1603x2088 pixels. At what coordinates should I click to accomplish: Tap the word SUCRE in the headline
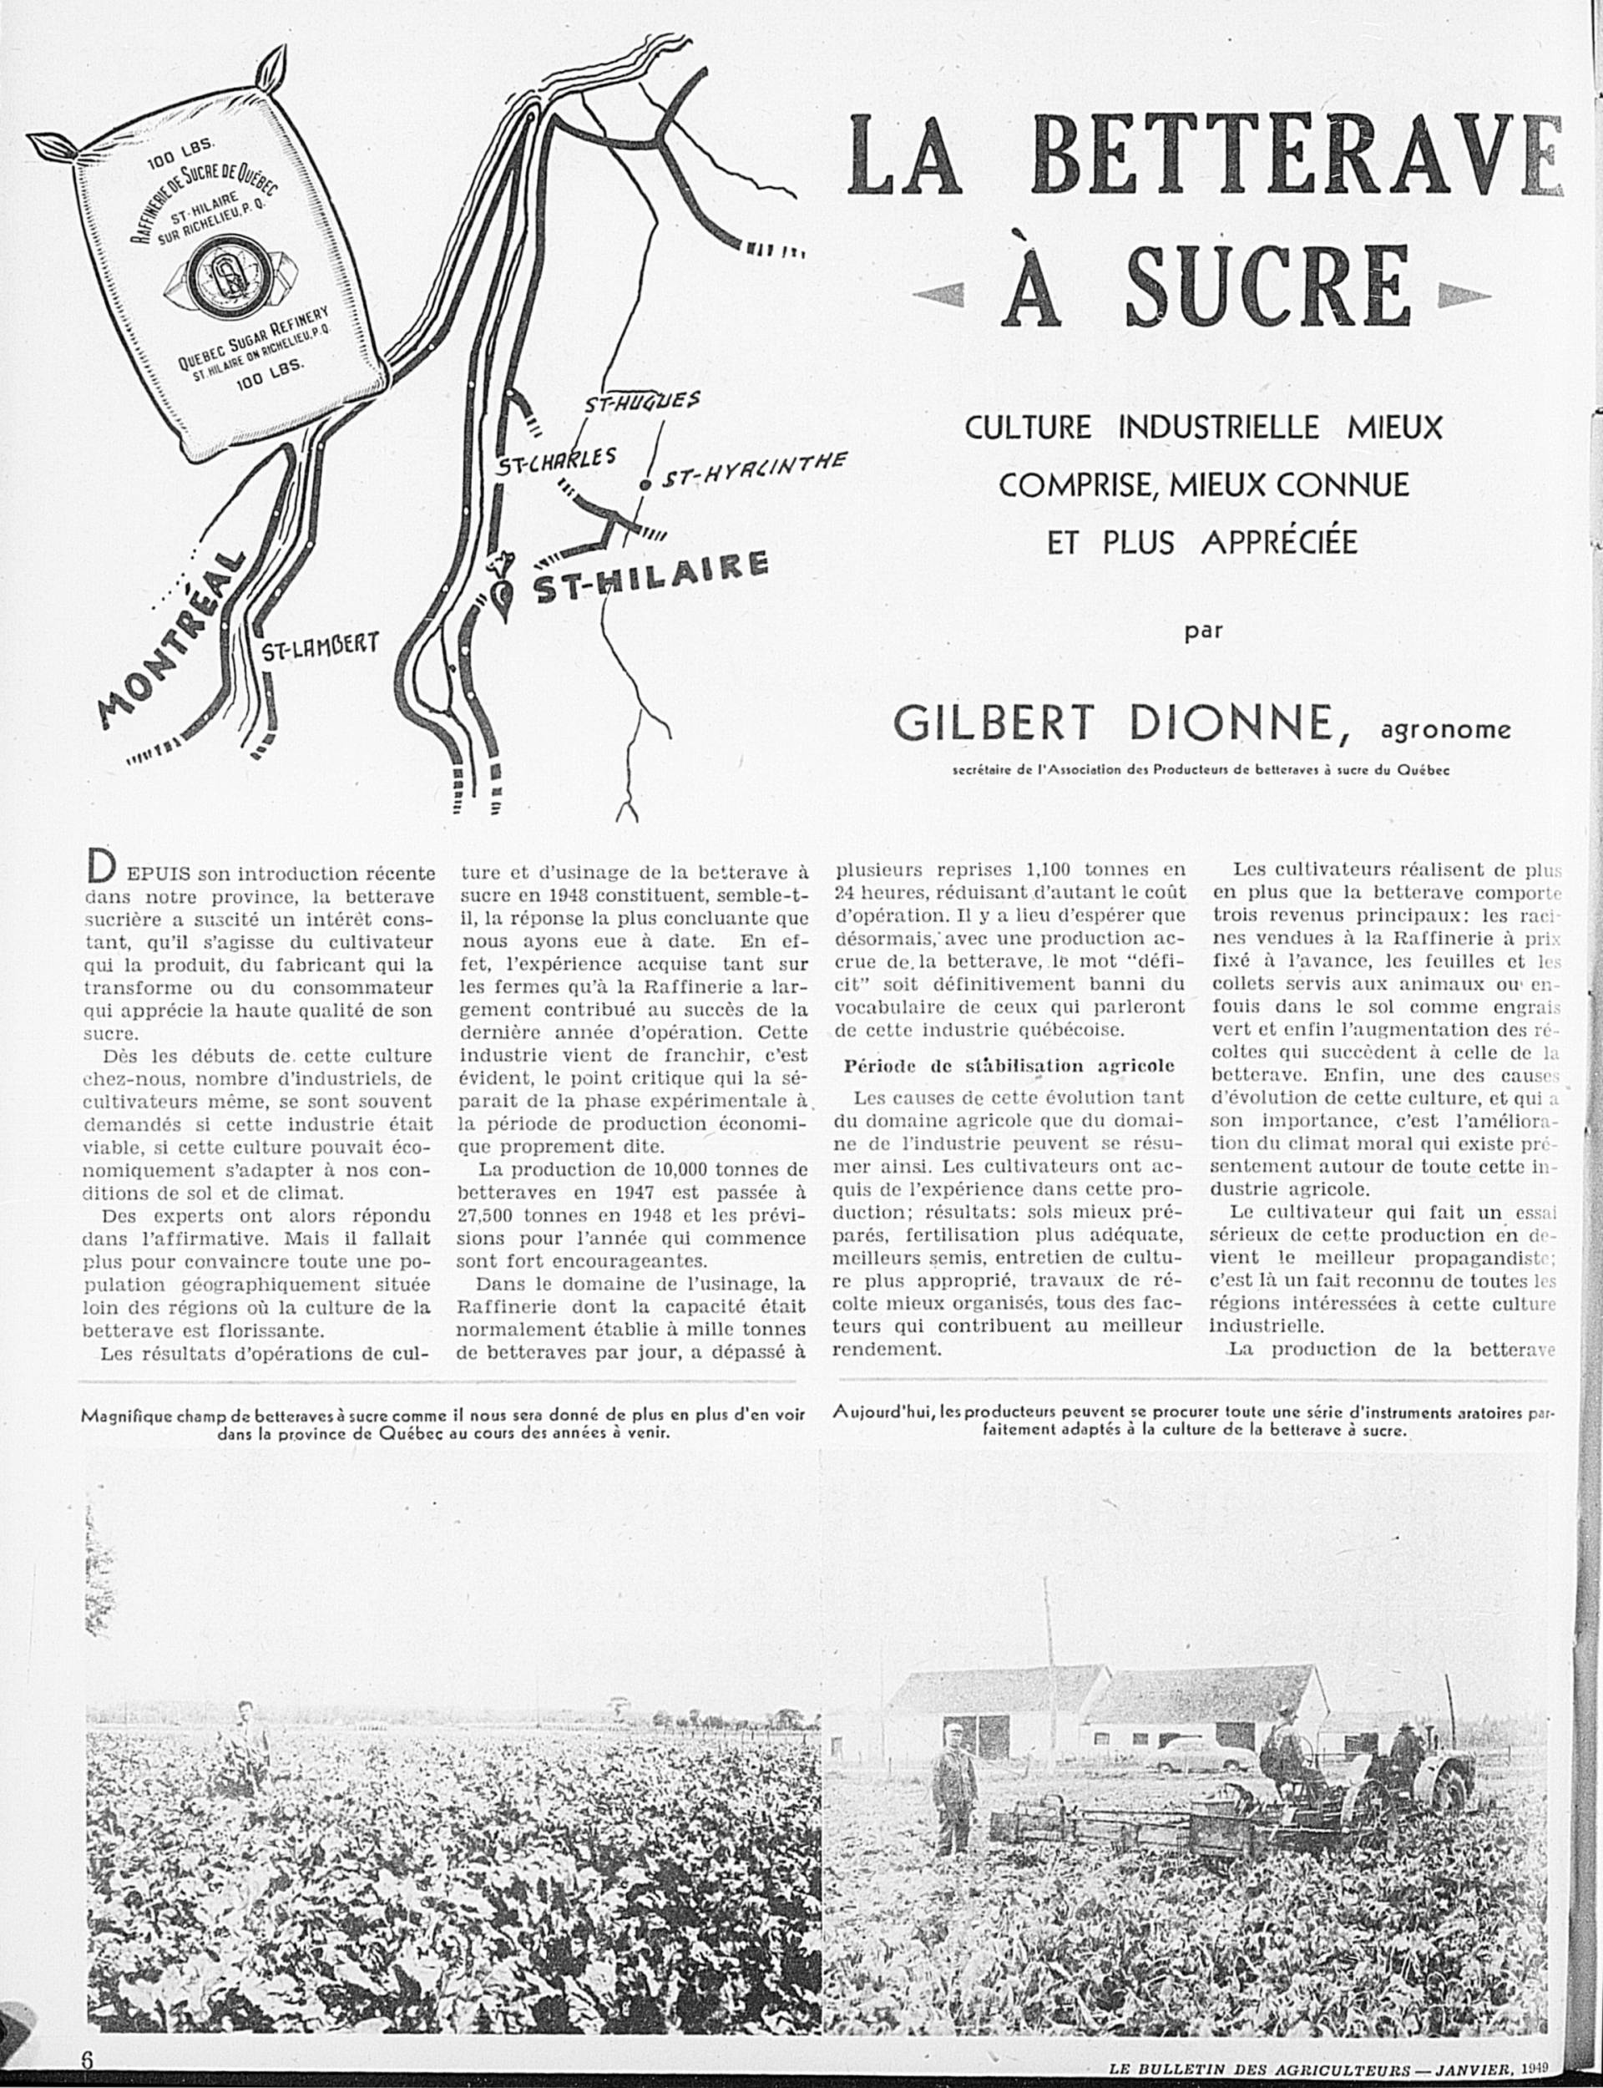pos(1267,284)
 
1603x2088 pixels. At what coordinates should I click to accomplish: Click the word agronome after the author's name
pos(1444,730)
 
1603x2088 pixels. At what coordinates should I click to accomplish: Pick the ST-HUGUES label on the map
pos(642,403)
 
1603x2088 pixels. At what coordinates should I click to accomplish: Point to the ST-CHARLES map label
pos(556,461)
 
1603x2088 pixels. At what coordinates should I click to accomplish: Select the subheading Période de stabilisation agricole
pos(1009,1065)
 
